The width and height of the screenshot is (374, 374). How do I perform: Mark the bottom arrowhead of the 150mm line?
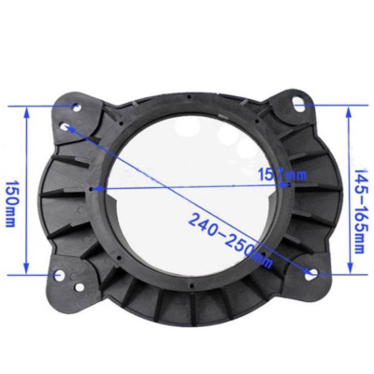[28, 272]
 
